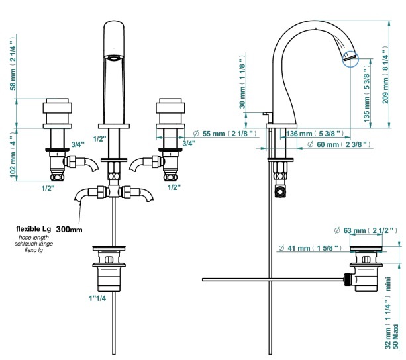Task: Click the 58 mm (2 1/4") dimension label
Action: (13, 64)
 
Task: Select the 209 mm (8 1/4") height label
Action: (385, 75)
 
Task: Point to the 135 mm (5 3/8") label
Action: (367, 95)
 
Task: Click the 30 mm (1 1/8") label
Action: (242, 81)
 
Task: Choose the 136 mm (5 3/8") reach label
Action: (315, 134)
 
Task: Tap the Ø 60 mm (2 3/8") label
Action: (338, 144)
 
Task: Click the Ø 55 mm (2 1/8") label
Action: (225, 134)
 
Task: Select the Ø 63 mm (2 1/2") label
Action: (366, 230)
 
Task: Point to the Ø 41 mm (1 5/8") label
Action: (310, 248)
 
